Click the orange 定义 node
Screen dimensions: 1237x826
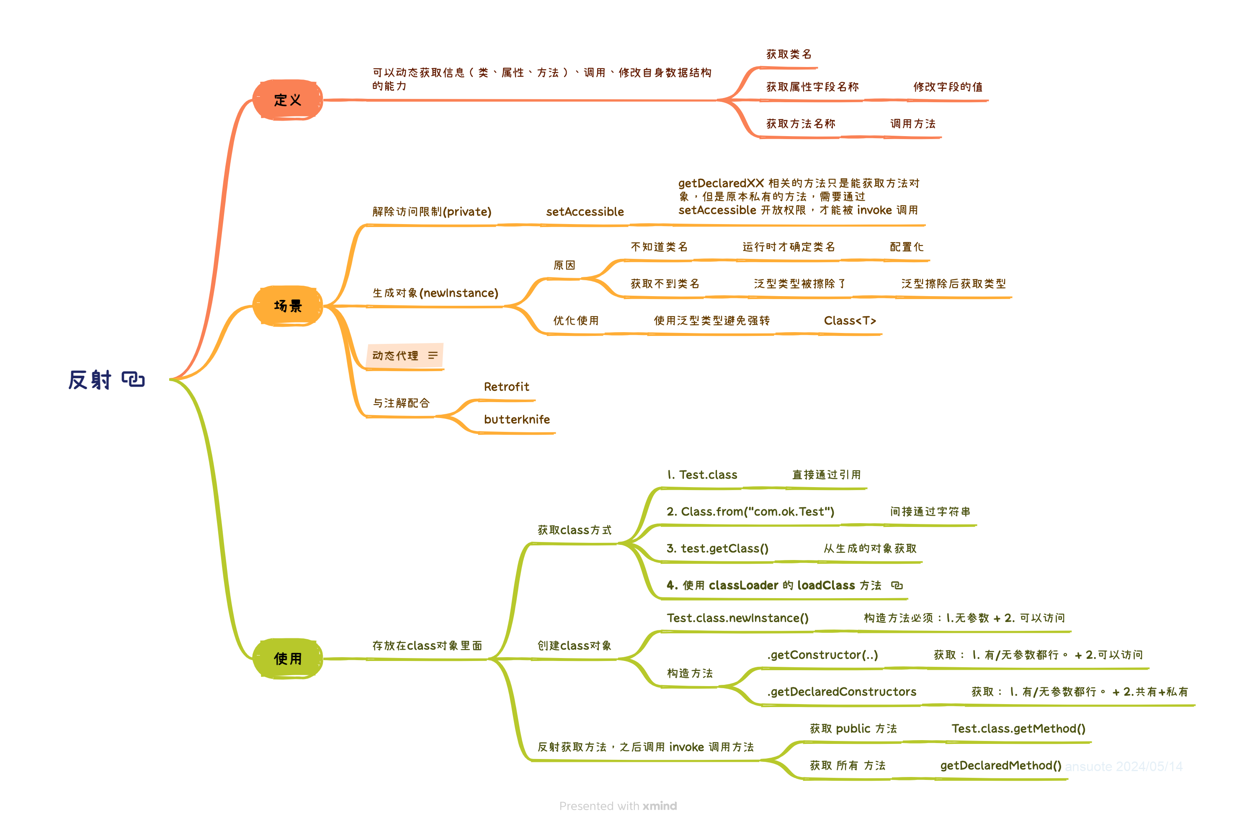pos(288,100)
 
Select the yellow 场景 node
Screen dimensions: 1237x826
pos(288,306)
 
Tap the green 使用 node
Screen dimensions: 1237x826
pos(288,658)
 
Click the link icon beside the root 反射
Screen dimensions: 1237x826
pos(133,379)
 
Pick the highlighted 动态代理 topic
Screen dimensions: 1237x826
pos(395,356)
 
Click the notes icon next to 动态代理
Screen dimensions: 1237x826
pos(433,356)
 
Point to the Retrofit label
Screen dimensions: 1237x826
pos(506,387)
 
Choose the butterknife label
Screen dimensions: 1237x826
pos(517,419)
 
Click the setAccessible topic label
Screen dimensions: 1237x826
pos(585,212)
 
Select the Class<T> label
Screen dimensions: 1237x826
pos(849,321)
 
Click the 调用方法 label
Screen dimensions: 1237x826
pos(912,124)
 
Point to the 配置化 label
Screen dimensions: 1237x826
pos(906,247)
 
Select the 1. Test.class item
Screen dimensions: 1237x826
pos(702,475)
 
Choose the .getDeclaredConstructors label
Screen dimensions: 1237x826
pos(842,692)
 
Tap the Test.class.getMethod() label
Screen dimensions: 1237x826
pos(1018,728)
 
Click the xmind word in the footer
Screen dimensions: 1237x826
pos(659,806)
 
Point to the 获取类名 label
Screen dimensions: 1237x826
pos(789,54)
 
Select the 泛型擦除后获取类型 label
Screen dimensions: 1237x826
pos(953,284)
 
